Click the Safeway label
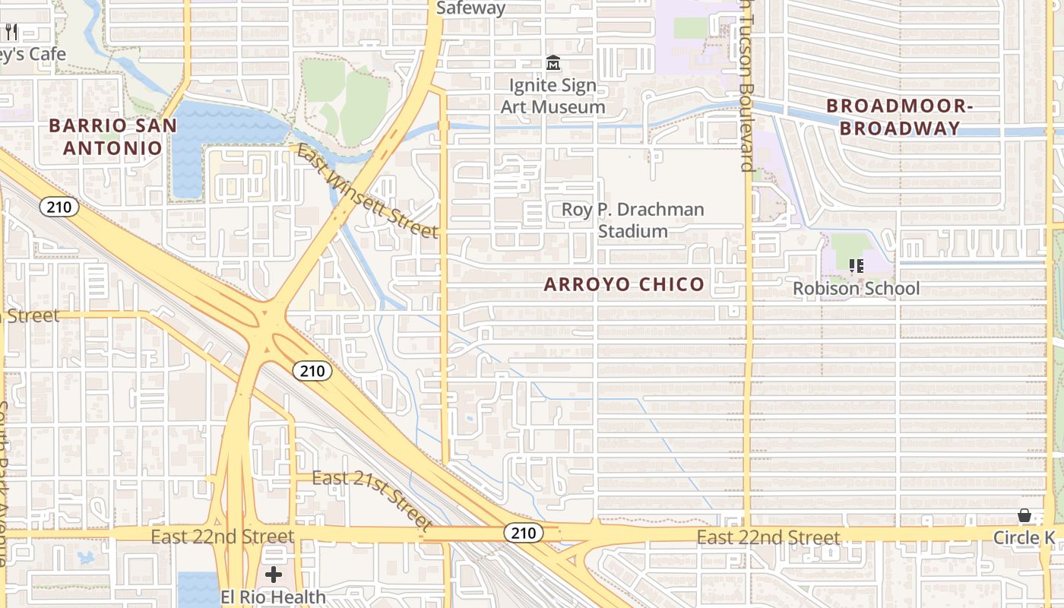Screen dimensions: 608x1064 point(471,8)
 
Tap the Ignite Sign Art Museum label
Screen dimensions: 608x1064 point(553,96)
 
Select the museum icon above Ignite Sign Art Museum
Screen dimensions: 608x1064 point(553,62)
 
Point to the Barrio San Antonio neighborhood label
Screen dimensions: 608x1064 point(112,137)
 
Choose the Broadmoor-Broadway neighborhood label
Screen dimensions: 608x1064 point(899,117)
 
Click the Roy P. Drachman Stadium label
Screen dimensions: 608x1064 point(632,220)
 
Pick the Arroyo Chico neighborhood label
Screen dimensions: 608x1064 point(625,284)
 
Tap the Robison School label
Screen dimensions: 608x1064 point(856,288)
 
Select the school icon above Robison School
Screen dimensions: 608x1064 point(857,265)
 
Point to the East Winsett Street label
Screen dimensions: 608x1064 point(367,191)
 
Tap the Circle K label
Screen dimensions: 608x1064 point(1024,538)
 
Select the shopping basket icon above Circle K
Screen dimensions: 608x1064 point(1024,516)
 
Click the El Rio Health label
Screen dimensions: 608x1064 point(273,597)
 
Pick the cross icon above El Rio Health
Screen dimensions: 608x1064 point(274,575)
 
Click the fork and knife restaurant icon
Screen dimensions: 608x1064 point(11,32)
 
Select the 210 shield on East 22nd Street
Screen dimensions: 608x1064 point(524,533)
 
